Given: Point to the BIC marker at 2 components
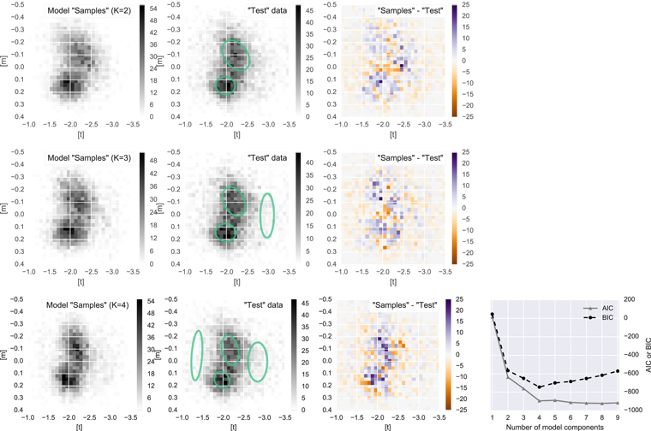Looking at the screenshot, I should point(508,370).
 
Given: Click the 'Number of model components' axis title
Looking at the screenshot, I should point(556,426).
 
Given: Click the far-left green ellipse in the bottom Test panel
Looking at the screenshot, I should point(197,356).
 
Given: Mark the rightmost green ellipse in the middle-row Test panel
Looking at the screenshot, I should point(268,215).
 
